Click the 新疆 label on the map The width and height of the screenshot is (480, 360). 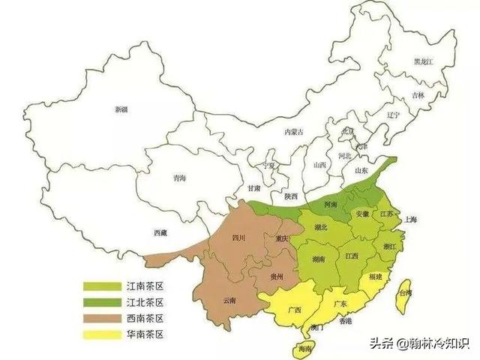point(121,109)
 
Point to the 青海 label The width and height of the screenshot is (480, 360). point(179,178)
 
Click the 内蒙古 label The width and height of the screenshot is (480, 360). point(294,132)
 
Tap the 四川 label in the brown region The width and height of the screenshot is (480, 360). point(239,238)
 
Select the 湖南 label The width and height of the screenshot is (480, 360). point(318,259)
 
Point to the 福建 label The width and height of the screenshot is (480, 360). point(375,277)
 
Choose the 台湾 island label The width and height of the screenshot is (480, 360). point(404,293)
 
